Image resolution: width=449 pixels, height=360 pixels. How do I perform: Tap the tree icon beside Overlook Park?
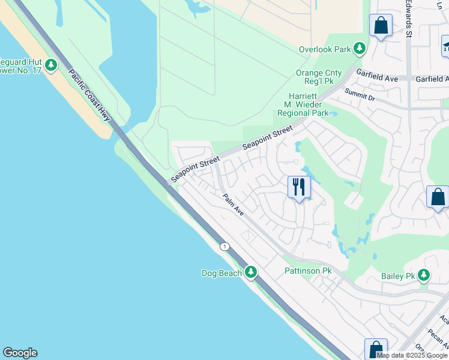tap(360, 48)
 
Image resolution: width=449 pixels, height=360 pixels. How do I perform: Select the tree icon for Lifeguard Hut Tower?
tap(51, 65)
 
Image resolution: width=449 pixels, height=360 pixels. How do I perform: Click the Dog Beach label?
tap(221, 273)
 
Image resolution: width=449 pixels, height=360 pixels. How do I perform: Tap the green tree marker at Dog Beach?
tap(251, 273)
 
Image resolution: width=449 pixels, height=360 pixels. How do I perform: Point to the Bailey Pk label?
tap(399, 276)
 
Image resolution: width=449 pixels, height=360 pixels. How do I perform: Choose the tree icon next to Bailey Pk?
tap(424, 275)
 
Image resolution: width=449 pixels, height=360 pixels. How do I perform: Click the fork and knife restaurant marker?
tap(298, 187)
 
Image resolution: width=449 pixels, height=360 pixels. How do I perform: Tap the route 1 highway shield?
tap(224, 247)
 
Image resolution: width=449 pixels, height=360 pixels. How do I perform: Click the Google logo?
tap(20, 353)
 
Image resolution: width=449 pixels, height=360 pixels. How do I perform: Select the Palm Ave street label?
tap(232, 205)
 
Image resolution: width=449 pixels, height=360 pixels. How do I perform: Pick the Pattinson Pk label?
tap(308, 271)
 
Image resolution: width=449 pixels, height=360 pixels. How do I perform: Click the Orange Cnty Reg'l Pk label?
tap(322, 74)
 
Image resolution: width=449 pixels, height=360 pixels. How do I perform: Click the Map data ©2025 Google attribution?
tap(412, 355)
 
